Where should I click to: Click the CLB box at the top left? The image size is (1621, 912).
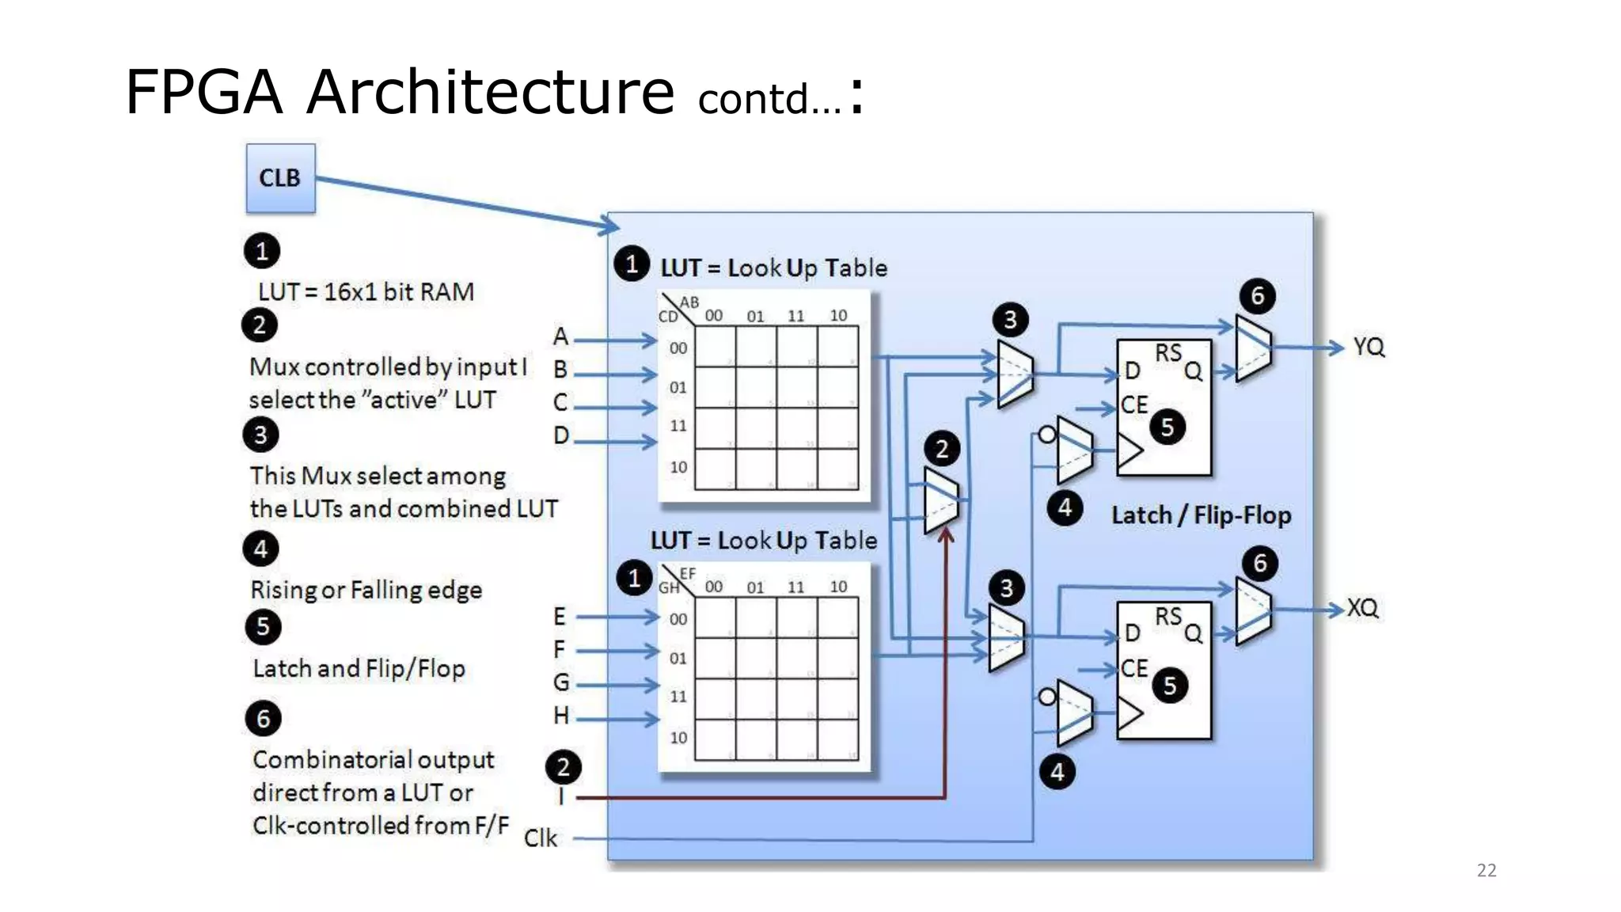coord(280,178)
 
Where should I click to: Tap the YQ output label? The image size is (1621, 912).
coord(1369,347)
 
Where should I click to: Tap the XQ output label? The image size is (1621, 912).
coord(1362,608)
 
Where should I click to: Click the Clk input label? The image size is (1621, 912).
coord(541,838)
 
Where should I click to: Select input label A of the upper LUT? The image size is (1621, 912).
coord(560,337)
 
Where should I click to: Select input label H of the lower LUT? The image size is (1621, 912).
coord(560,716)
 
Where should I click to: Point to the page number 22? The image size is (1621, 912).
coord(1486,871)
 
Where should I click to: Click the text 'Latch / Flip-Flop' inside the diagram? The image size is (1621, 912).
coord(1201,515)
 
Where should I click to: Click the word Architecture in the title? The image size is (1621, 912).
coord(490,93)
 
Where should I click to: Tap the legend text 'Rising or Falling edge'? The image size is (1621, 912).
coord(366,591)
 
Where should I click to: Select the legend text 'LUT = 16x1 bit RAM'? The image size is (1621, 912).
coord(366,292)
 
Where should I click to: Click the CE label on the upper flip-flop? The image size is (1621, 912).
coord(1133,405)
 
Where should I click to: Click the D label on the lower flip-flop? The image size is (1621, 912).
coord(1133,633)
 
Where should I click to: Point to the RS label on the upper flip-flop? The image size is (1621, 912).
coord(1168,353)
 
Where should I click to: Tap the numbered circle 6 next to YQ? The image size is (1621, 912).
coord(1258,296)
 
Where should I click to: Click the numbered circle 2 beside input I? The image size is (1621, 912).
coord(564,767)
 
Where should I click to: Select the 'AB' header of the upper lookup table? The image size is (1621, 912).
coord(689,302)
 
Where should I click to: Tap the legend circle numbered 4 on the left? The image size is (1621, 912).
coord(260,549)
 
